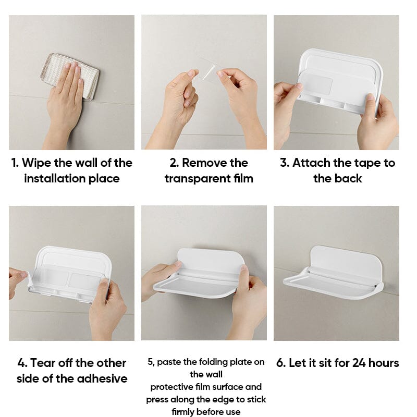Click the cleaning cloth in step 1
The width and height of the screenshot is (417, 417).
(x=70, y=76)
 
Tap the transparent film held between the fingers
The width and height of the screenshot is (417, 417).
(x=209, y=70)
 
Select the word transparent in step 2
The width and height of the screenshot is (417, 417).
(x=198, y=179)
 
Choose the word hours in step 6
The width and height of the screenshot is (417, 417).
(x=384, y=363)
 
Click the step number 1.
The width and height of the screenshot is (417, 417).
(x=15, y=163)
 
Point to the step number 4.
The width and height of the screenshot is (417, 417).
(x=22, y=363)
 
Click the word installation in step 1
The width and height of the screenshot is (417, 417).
(x=55, y=179)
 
